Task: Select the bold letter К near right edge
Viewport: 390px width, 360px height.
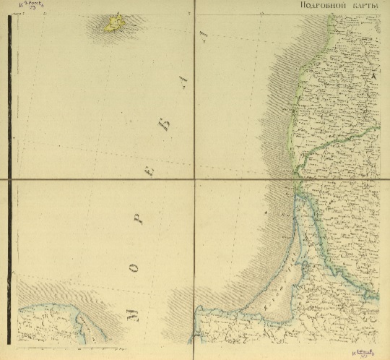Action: click(x=373, y=75)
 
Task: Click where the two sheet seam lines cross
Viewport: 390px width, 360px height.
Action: click(x=194, y=179)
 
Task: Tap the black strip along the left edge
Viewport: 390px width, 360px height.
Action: click(x=9, y=181)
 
